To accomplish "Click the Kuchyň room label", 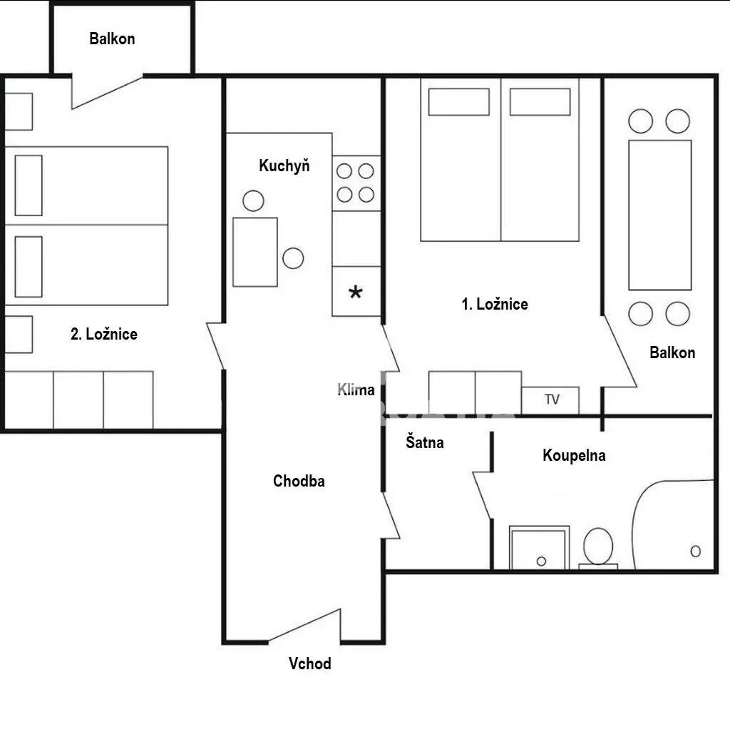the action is coord(284,166).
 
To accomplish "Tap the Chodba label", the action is coord(299,481).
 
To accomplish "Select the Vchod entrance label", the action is coord(310,663).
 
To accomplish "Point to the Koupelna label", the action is coord(574,455).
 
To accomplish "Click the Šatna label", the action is coord(424,442).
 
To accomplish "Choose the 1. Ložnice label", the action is coord(495,304).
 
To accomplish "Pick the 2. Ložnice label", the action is coord(104,334).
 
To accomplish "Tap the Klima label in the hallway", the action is coord(356,390).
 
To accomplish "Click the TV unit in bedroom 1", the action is coord(550,400).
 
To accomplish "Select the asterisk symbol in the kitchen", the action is coord(356,292).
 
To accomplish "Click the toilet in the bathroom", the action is coord(598,548).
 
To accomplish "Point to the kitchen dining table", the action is coord(255,252).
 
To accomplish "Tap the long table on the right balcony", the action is coord(659,215).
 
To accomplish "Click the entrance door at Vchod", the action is coord(304,626).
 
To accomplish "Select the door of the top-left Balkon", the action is coord(107,91).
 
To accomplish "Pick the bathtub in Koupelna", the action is coord(673,524).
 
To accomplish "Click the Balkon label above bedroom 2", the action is coord(113,39).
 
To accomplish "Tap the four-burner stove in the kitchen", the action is coord(356,183).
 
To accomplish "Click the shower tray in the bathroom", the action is coord(539,547).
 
